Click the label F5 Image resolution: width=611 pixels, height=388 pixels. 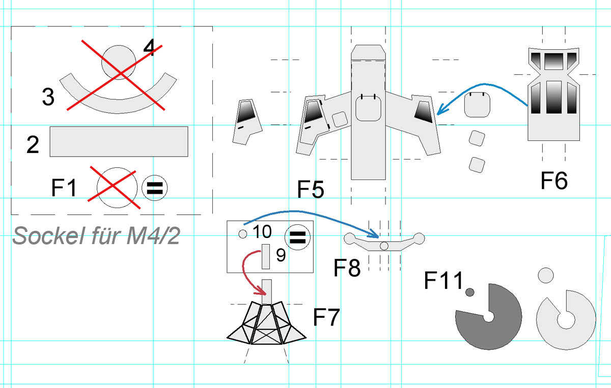tap(311, 189)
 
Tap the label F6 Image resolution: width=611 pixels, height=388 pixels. tap(554, 181)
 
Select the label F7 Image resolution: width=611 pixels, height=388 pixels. tap(326, 317)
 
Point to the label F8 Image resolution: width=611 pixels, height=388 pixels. tap(347, 267)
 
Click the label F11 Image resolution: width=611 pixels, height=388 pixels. tap(443, 280)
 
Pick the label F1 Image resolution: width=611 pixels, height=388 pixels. tap(64, 188)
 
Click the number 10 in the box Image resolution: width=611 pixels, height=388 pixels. tap(262, 231)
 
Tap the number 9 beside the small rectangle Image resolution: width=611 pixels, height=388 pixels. tap(281, 255)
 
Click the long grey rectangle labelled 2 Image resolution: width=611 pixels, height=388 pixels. tap(119, 141)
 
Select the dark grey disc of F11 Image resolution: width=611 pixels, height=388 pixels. tap(488, 317)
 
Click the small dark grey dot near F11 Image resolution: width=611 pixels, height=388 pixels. tap(469, 292)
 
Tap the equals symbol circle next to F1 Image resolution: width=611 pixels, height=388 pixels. tap(155, 188)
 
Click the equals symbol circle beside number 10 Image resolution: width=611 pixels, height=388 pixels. tap(297, 237)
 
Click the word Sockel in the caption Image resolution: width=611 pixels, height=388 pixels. tap(48, 236)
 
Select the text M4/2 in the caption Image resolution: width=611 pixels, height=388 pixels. tap(153, 235)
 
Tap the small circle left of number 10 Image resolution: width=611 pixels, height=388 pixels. tap(243, 234)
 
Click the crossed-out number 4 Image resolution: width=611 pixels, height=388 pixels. tap(149, 48)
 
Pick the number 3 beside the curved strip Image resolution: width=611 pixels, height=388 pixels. tap(48, 97)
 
